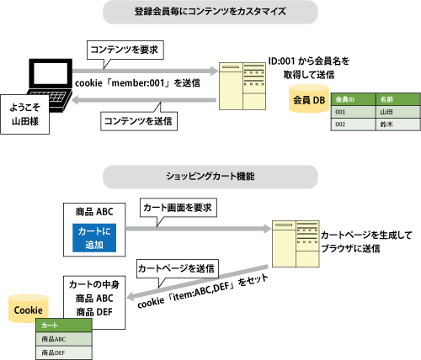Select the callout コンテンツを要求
125,50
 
